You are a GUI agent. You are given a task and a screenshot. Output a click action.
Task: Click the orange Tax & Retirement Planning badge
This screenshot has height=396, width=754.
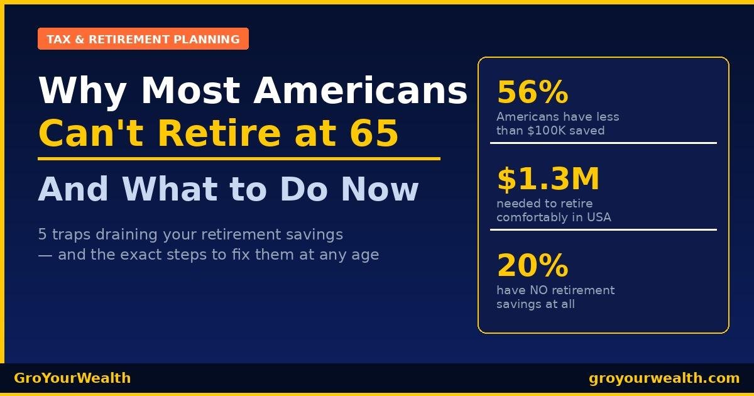point(143,39)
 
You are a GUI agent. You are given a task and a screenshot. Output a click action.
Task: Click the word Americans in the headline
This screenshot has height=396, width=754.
point(361,90)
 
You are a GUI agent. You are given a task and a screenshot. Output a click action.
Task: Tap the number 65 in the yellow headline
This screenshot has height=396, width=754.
point(376,133)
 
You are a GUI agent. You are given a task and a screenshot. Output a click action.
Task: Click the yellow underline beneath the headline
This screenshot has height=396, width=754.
point(239,159)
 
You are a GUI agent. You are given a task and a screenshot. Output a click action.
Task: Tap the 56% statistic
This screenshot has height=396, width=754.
point(532,93)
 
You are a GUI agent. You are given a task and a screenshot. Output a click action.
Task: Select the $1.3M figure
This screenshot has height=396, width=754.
point(548,179)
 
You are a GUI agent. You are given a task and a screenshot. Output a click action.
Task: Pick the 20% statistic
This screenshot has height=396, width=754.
point(532,265)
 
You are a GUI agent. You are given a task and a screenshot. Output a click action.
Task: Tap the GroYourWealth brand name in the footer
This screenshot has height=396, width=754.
point(72,378)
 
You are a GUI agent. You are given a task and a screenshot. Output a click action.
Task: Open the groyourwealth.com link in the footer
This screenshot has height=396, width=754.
point(664,378)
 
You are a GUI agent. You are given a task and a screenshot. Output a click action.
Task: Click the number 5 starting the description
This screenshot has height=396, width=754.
point(42,235)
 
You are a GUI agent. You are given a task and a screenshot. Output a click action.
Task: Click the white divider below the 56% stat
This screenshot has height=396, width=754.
point(603,143)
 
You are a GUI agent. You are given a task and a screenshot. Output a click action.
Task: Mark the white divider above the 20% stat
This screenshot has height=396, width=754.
point(603,229)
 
